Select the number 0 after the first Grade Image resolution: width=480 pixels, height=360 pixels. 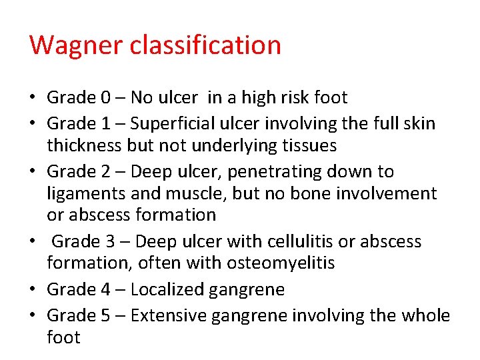(106, 98)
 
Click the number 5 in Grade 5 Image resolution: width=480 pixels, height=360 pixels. (106, 315)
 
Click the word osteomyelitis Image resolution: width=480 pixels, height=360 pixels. (280, 264)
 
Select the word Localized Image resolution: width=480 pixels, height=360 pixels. (167, 290)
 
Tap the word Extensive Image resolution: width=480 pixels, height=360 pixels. (169, 315)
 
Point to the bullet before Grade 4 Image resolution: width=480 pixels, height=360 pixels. (33, 290)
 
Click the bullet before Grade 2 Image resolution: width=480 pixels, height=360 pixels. (33, 172)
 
